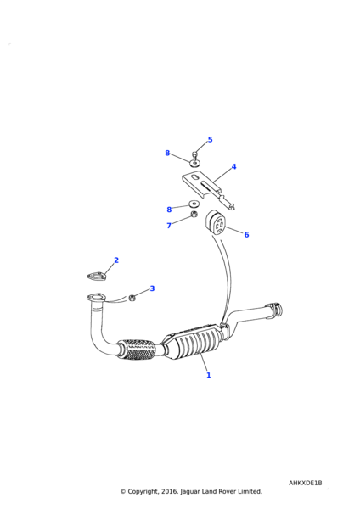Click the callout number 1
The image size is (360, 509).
pyautogui.click(x=209, y=375)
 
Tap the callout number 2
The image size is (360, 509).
pyautogui.click(x=116, y=260)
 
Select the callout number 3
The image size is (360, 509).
pyautogui.click(x=152, y=288)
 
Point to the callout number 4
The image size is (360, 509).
pyautogui.click(x=233, y=166)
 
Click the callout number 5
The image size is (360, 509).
pyautogui.click(x=210, y=139)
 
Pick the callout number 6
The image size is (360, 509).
pyautogui.click(x=246, y=234)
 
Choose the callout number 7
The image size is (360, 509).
pyautogui.click(x=169, y=226)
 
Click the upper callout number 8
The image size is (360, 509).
pyautogui.click(x=167, y=153)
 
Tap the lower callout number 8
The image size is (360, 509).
pyautogui.click(x=169, y=210)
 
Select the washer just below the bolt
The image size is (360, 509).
pyautogui.click(x=195, y=162)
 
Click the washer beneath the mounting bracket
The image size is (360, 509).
pyautogui.click(x=194, y=204)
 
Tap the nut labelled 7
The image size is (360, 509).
pyautogui.click(x=193, y=215)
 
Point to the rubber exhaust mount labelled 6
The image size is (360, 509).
pyautogui.click(x=215, y=221)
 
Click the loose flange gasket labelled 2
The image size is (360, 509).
pyautogui.click(x=97, y=277)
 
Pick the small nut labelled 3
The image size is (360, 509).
pyautogui.click(x=132, y=297)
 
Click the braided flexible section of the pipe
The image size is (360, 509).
pyautogui.click(x=137, y=350)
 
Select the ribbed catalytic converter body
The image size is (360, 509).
pyautogui.click(x=194, y=343)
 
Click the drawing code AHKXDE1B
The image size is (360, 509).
pyautogui.click(x=305, y=483)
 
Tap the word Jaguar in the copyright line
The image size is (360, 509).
pyautogui.click(x=190, y=491)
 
